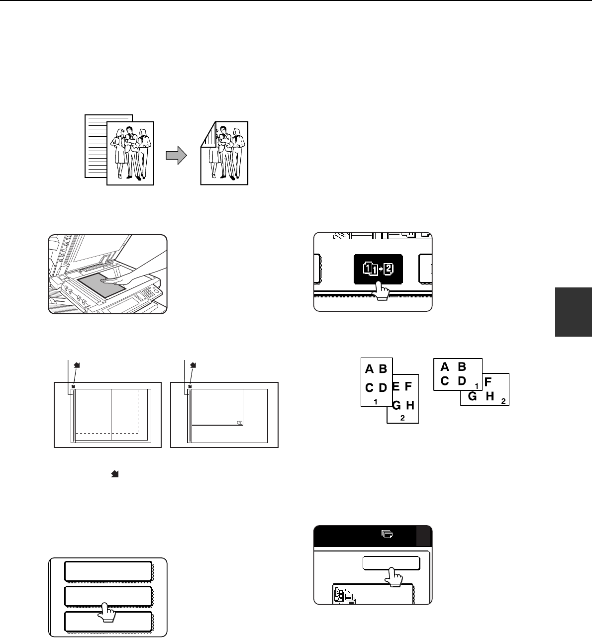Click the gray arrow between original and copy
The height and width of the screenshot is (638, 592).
[176, 156]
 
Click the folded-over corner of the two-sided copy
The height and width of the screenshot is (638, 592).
[208, 134]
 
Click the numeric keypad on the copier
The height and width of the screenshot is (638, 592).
[148, 292]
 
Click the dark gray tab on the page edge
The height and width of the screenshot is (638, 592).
[574, 312]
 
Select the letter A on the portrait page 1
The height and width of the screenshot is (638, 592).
[369, 369]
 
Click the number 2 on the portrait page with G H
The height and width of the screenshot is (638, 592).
[402, 418]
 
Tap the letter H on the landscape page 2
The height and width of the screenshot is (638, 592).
[490, 396]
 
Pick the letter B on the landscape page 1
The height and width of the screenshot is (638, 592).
[462, 366]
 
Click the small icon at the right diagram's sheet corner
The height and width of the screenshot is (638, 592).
[239, 423]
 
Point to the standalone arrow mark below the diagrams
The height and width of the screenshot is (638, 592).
[115, 474]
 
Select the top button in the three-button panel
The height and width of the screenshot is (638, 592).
[108, 571]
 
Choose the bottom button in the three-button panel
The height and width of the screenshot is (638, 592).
[108, 622]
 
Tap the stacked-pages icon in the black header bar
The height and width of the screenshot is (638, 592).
[387, 534]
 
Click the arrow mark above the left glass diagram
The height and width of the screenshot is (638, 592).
[77, 365]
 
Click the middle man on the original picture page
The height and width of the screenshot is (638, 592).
[130, 152]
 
